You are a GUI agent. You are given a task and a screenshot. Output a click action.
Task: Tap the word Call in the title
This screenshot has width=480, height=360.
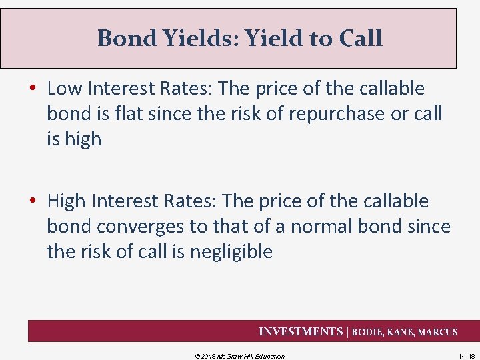361,38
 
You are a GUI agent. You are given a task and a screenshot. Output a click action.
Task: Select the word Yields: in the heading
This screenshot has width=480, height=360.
206,38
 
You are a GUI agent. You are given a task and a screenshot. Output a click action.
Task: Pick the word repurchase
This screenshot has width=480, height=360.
331,113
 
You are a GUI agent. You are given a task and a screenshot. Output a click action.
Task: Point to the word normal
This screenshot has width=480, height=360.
311,226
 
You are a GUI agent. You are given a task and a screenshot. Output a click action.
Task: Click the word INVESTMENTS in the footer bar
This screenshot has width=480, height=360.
299,331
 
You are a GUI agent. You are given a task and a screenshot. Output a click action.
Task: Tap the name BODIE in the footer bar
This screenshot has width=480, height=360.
369,332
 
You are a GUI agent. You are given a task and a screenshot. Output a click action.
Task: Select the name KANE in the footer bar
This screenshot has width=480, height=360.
401,332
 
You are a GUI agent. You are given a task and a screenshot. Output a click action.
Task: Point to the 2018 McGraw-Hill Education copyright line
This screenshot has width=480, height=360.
239,356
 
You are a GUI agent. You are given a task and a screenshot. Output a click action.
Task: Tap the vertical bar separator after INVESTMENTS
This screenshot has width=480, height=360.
345,331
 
